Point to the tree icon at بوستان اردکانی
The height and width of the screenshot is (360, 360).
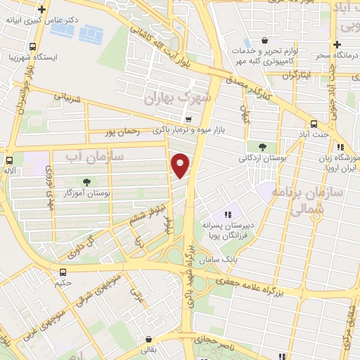(262, 147)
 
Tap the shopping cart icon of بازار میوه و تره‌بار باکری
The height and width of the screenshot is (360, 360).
(188, 119)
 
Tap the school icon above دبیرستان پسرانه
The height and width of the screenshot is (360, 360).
(227, 214)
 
